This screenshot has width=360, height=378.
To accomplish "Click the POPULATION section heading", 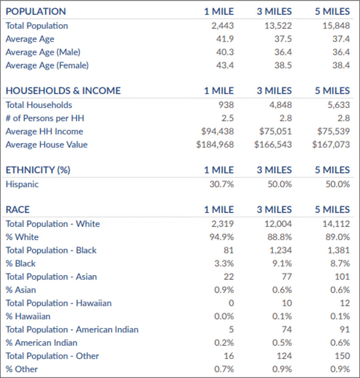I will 36,11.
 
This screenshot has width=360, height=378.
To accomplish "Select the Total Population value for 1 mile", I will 223,26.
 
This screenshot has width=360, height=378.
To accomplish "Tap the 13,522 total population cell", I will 276,26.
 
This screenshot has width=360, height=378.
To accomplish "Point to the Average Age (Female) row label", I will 47,65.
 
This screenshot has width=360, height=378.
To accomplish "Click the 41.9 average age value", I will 225,39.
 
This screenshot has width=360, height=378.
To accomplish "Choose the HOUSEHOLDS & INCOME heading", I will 63,91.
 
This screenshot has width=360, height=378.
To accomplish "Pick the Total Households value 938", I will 226,105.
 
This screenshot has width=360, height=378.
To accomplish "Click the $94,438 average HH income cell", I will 218,131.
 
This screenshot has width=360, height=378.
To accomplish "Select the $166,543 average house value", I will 273,145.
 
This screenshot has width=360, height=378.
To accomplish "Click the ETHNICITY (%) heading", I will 38,170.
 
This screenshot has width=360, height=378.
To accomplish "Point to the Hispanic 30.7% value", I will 222,184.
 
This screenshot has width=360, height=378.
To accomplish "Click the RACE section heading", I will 18,210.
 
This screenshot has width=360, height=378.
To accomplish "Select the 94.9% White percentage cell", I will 222,237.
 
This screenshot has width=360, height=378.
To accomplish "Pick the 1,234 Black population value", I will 281,250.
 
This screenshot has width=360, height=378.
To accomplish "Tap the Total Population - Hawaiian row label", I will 59,303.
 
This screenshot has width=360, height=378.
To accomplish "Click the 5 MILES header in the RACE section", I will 332,210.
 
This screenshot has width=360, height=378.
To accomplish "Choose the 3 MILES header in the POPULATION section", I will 274,11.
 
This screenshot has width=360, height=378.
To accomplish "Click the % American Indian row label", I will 42,342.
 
